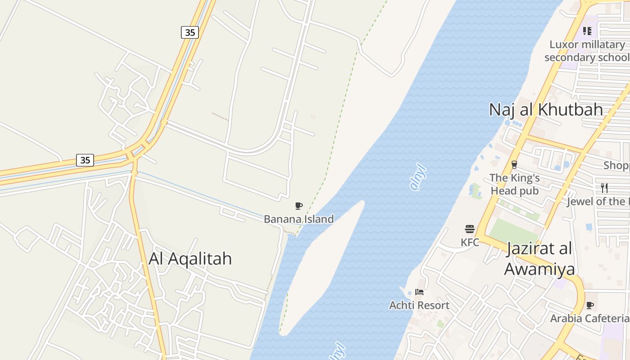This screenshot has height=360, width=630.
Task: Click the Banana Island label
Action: click(299, 219)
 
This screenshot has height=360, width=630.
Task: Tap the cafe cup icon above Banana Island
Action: click(298, 206)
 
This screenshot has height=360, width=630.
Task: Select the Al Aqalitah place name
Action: click(190, 258)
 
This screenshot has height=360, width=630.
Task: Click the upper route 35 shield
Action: click(190, 32)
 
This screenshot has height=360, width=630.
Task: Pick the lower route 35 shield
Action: click(85, 160)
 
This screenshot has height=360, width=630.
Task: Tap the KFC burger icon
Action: click(470, 229)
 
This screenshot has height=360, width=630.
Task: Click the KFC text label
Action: click(470, 242)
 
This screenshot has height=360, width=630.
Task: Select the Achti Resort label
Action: click(419, 305)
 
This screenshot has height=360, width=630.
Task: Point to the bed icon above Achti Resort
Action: click(419, 292)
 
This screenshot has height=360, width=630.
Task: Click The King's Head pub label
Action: click(514, 184)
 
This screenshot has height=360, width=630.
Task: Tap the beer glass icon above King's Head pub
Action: click(514, 165)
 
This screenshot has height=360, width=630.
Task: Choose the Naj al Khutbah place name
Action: click(546, 109)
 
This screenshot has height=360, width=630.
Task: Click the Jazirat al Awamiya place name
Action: click(539, 259)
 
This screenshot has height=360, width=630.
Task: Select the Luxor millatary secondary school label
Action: click(587, 51)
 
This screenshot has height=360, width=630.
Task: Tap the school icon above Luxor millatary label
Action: click(587, 31)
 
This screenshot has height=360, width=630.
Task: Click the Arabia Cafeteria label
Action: click(589, 318)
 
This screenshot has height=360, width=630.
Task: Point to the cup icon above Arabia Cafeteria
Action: click(589, 306)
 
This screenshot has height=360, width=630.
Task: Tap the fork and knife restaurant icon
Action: click(604, 188)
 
